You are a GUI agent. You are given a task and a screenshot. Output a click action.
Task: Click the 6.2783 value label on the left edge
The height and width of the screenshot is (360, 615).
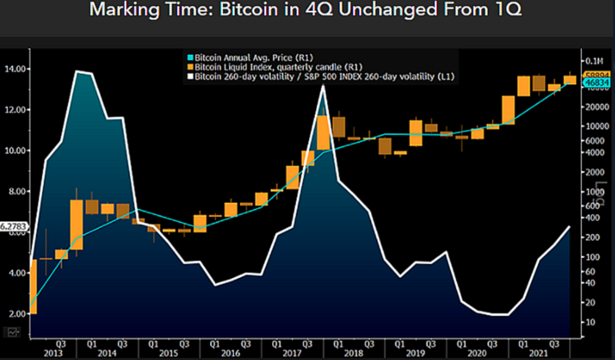(x=14, y=227)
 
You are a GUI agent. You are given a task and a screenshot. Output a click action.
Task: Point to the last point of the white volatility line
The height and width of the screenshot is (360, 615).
(x=569, y=227)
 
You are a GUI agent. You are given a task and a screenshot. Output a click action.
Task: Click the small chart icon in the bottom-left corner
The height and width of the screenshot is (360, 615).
(x=13, y=331)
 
